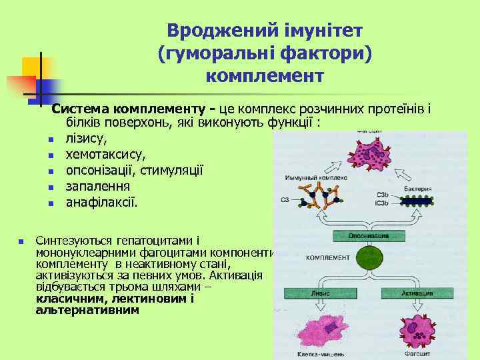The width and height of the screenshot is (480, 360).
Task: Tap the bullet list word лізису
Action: point(85,139)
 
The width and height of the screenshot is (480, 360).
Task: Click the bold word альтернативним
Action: point(87,310)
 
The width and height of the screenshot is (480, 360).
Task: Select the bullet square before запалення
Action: point(50,187)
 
